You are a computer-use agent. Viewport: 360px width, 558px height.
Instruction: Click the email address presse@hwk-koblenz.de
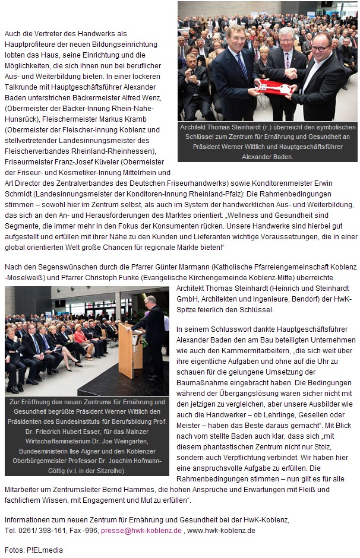[141, 530]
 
